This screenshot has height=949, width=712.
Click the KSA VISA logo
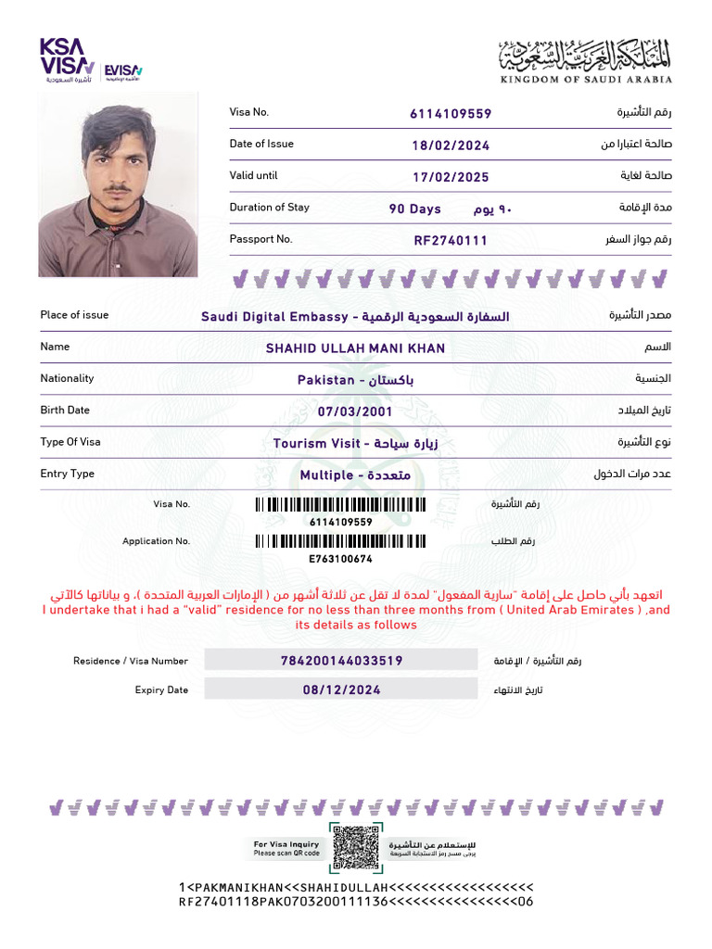coord(67,59)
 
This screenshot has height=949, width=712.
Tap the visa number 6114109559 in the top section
coord(451,114)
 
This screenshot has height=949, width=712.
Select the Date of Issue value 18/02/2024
coord(451,146)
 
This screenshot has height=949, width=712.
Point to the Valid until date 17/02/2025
coord(451,177)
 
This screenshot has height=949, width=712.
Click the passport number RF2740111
coord(451,241)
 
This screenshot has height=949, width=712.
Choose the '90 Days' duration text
coord(414,209)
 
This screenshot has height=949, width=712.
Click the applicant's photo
coord(118,184)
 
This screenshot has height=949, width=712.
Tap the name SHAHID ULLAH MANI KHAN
coord(355,348)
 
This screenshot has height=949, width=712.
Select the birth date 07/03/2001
coord(355,411)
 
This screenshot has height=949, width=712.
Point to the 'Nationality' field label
coord(67,378)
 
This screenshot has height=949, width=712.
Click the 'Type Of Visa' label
coord(70,442)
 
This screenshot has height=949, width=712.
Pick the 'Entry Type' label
coord(67,474)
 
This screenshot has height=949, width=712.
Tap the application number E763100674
coord(340,559)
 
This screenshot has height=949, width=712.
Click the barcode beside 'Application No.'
coord(340,541)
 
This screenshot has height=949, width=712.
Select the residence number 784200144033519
coord(341,661)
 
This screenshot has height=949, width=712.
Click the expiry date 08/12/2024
coord(341,690)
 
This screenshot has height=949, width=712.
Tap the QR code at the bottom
coord(355,846)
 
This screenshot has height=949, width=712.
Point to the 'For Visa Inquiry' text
coord(286,844)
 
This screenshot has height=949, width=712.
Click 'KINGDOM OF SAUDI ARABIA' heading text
coord(587,80)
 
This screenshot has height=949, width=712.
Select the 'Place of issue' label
coord(74,315)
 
